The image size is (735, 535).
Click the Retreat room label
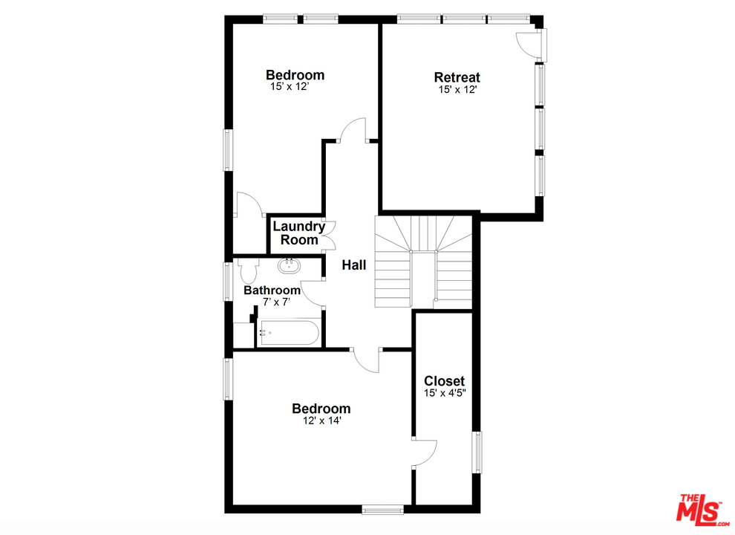coord(457,77)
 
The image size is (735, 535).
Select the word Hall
coord(354,265)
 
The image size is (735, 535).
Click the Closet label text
coord(444,381)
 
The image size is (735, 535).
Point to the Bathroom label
coord(272,291)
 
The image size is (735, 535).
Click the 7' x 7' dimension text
coord(275,302)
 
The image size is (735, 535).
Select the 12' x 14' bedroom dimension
coord(321,421)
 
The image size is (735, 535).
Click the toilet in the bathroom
coord(246,268)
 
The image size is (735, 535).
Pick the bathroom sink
coord(288,265)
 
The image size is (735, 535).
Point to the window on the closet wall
coord(478,452)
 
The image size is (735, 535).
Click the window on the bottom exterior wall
coord(382,509)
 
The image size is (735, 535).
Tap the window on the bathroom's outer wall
coord(229,281)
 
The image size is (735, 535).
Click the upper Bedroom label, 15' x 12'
coord(295,75)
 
